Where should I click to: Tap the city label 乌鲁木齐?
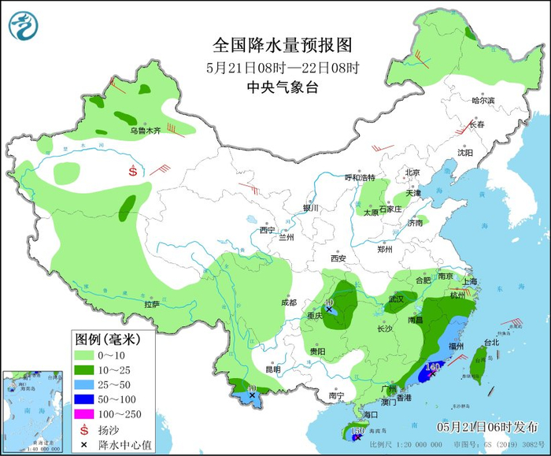145,131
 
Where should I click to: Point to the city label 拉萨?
152,304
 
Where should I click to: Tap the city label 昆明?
272,369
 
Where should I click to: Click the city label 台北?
491,343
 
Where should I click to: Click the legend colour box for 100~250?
87,413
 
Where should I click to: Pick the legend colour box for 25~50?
87,384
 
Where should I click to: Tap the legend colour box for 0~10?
87,355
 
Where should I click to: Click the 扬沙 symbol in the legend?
85,429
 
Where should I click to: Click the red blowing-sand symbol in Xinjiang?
133,170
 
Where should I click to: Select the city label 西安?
338,258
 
